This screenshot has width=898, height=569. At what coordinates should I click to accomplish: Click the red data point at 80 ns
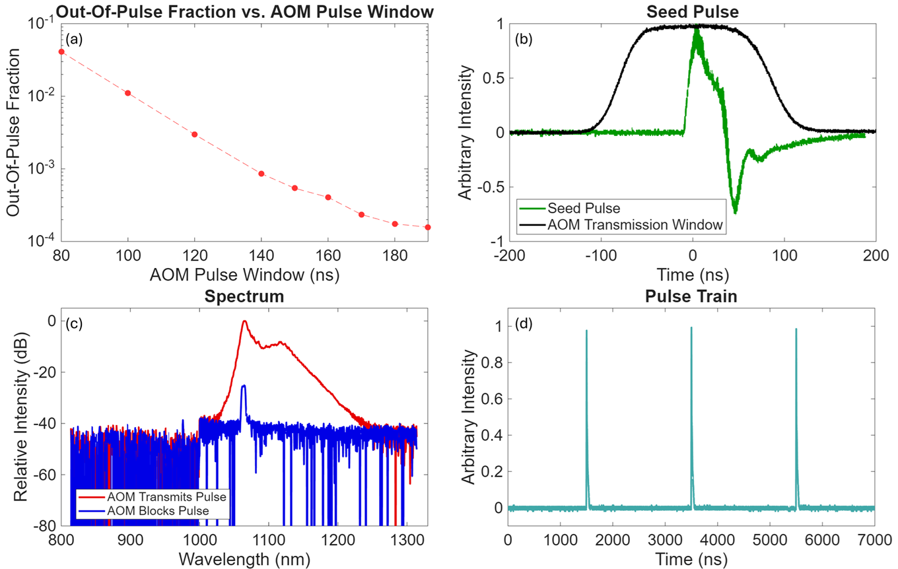[61, 51]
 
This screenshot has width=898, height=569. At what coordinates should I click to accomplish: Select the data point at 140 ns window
[261, 174]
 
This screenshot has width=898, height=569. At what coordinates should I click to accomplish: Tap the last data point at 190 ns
[428, 227]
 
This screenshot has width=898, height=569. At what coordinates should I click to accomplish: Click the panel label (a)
[73, 39]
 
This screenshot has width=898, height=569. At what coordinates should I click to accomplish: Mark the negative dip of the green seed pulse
[735, 211]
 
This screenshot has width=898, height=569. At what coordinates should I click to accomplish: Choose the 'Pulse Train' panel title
[691, 296]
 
